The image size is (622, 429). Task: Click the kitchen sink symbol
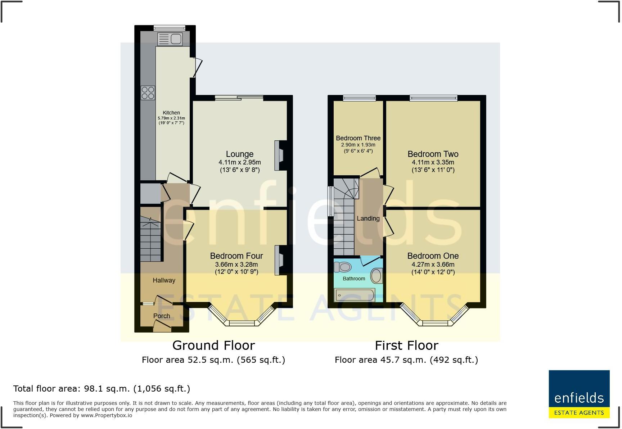click(170, 39)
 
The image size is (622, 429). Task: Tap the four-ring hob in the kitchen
click(148, 93)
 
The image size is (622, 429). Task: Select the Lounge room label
click(240, 154)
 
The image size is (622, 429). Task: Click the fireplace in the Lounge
click(279, 155)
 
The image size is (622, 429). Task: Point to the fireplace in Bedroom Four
click(279, 261)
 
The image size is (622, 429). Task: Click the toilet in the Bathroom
click(343, 267)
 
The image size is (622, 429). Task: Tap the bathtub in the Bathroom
click(355, 295)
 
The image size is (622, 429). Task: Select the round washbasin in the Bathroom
click(377, 276)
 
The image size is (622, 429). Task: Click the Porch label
click(162, 316)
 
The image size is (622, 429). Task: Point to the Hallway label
click(164, 280)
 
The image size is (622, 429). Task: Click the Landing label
click(368, 218)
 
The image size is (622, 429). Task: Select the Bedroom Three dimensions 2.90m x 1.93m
click(358, 145)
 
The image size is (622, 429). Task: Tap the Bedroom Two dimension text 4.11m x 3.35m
click(433, 162)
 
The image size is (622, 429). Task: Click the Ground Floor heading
click(213, 346)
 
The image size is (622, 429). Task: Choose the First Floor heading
click(406, 346)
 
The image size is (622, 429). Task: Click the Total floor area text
click(102, 389)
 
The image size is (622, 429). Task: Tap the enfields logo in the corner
click(579, 394)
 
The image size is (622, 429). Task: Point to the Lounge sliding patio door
click(239, 98)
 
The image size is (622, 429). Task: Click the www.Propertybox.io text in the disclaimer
click(106, 415)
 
